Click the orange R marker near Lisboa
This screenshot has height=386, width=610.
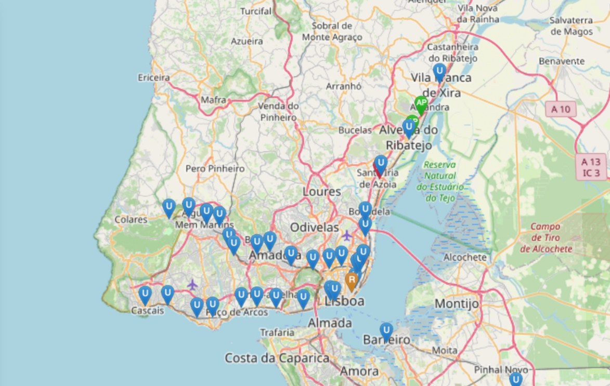tap(352, 281)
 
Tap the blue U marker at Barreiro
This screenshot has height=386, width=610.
tap(386, 330)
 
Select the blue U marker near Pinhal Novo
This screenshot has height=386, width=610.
tap(515, 379)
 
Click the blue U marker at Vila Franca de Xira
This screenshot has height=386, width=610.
tap(439, 72)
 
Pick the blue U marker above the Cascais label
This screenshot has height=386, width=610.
tap(145, 295)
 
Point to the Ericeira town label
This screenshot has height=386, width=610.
tap(154, 77)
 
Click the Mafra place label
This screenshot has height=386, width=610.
tap(213, 100)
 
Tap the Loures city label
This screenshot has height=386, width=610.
tap(322, 192)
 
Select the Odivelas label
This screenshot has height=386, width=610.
tap(315, 227)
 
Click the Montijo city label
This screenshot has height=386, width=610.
tap(456, 303)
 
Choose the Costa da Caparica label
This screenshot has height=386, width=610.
tap(277, 358)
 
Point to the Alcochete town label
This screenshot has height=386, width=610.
tap(466, 257)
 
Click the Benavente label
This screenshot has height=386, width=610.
tap(562, 61)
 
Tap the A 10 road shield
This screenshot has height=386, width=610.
tap(561, 110)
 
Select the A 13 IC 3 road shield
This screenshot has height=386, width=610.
tap(591, 167)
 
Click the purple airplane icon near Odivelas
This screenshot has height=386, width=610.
tap(347, 235)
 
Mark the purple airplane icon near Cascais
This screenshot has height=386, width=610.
tap(192, 284)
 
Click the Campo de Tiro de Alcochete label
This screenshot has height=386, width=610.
tap(546, 238)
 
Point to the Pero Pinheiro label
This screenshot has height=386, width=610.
tap(215, 168)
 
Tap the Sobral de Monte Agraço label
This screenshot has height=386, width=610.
tap(332, 31)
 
